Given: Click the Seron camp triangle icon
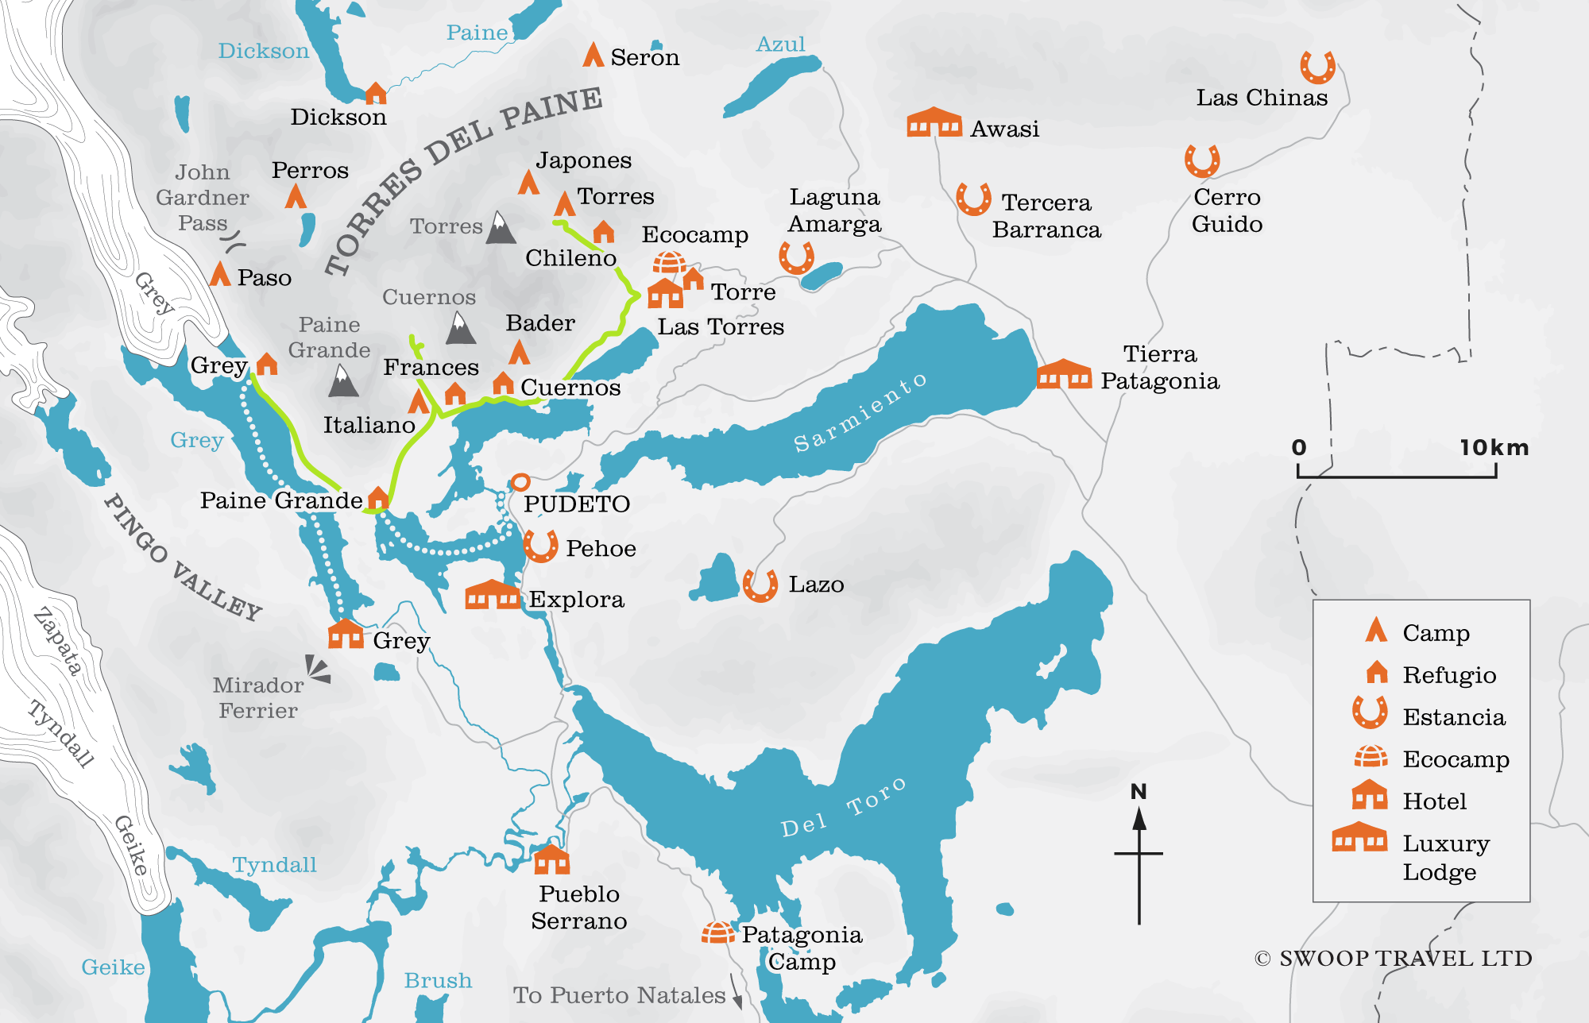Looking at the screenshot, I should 593,55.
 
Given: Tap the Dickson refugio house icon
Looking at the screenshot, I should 376,94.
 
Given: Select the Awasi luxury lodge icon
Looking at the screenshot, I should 934,123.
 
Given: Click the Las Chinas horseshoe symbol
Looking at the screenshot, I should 1317,68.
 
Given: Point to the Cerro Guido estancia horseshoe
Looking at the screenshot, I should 1202,161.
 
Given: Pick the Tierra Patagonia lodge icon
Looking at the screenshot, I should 1064,374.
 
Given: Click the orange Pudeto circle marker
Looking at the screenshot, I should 520,481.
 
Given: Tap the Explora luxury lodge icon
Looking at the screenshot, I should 492,595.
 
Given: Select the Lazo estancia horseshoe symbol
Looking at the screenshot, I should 760,585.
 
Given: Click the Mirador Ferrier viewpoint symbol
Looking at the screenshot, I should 319,670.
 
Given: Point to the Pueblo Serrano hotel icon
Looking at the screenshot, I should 551,859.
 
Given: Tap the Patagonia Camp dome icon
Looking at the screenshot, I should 717,932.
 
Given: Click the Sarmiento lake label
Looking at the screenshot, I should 860,413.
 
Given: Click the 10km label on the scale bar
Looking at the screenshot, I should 1493,448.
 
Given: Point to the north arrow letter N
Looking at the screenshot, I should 1139,792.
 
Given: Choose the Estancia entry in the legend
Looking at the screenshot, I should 1453,717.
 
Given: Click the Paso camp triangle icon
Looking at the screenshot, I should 220,275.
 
